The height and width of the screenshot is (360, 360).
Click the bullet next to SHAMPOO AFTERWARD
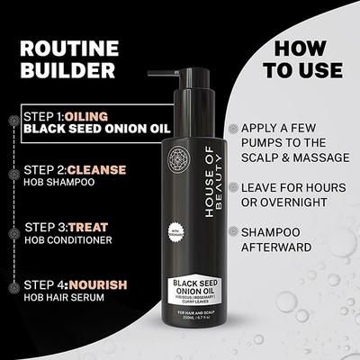[x=235, y=232]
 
